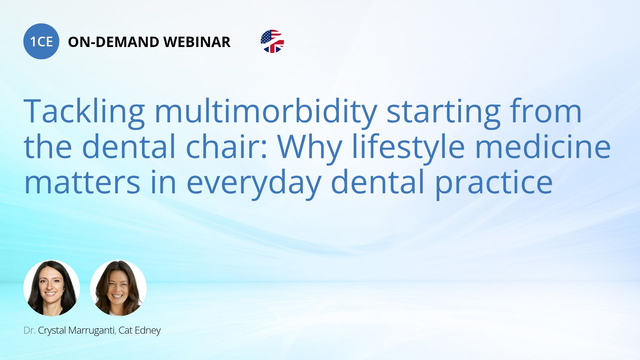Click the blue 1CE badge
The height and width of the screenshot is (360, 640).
coord(41,41)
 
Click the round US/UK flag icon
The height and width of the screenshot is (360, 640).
coord(272,41)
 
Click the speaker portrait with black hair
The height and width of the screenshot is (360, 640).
coord(52,288)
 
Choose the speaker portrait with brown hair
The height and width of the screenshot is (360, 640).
coord(118,288)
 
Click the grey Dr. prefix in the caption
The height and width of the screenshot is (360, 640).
coord(30,330)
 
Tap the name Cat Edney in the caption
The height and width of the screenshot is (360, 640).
coord(140,331)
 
